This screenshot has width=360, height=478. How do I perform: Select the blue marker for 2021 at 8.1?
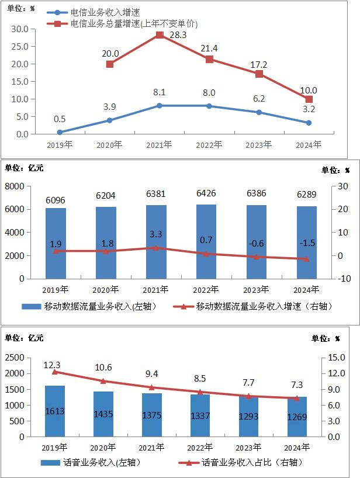(159, 106)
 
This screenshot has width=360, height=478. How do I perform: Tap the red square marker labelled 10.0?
(309, 99)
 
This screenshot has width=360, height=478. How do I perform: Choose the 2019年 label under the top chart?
(60, 144)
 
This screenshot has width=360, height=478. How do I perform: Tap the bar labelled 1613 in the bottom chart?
(55, 411)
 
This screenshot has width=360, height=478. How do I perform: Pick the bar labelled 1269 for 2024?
(297, 417)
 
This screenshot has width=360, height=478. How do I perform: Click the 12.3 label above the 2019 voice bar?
(53, 365)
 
